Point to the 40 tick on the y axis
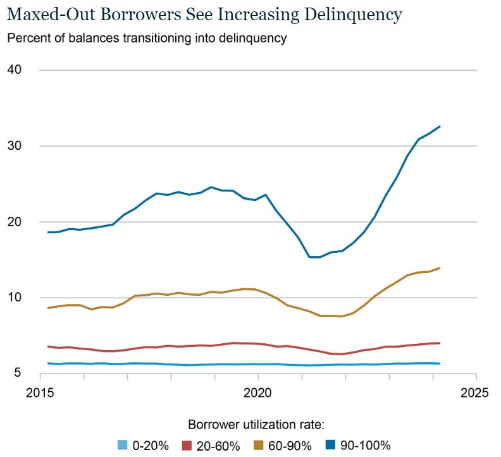[x=15, y=70]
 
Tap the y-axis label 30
[x=15, y=145]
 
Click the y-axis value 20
[x=15, y=222]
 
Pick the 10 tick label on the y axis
[x=15, y=298]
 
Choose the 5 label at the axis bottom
[x=18, y=374]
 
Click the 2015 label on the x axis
[x=40, y=393]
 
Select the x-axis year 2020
[x=258, y=393]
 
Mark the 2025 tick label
[x=475, y=393]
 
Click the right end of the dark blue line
[x=440, y=126]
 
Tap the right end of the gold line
[x=440, y=268]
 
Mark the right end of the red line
[x=440, y=343]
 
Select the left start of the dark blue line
[x=47, y=233]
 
